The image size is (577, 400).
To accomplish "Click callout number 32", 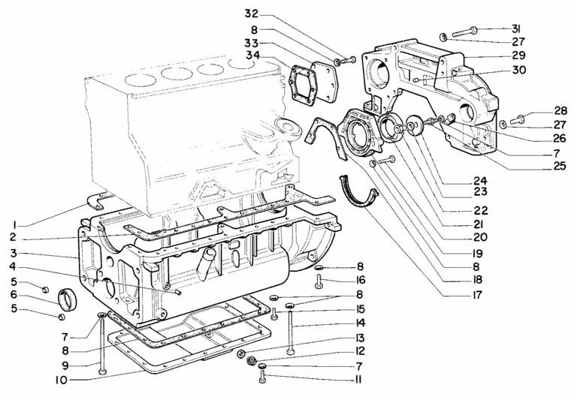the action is tap(252, 14).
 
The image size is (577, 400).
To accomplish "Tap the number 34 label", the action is tap(252, 55).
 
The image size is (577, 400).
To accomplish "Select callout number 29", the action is tap(518, 56).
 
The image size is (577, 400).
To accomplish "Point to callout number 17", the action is tap(476, 295).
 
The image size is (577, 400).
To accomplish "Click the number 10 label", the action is tap(62, 380).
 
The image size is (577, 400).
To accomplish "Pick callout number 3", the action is tap(14, 254).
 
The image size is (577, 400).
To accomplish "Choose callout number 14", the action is tap(361, 323).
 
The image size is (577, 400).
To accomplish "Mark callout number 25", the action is tap(559, 166).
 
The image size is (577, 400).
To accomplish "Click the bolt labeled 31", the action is tap(465, 32).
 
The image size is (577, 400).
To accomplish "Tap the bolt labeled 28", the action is tap(519, 119).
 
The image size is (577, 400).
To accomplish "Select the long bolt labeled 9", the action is tap(102, 344).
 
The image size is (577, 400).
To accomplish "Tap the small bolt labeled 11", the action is tap(262, 376).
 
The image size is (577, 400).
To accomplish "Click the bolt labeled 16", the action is tap(319, 282).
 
